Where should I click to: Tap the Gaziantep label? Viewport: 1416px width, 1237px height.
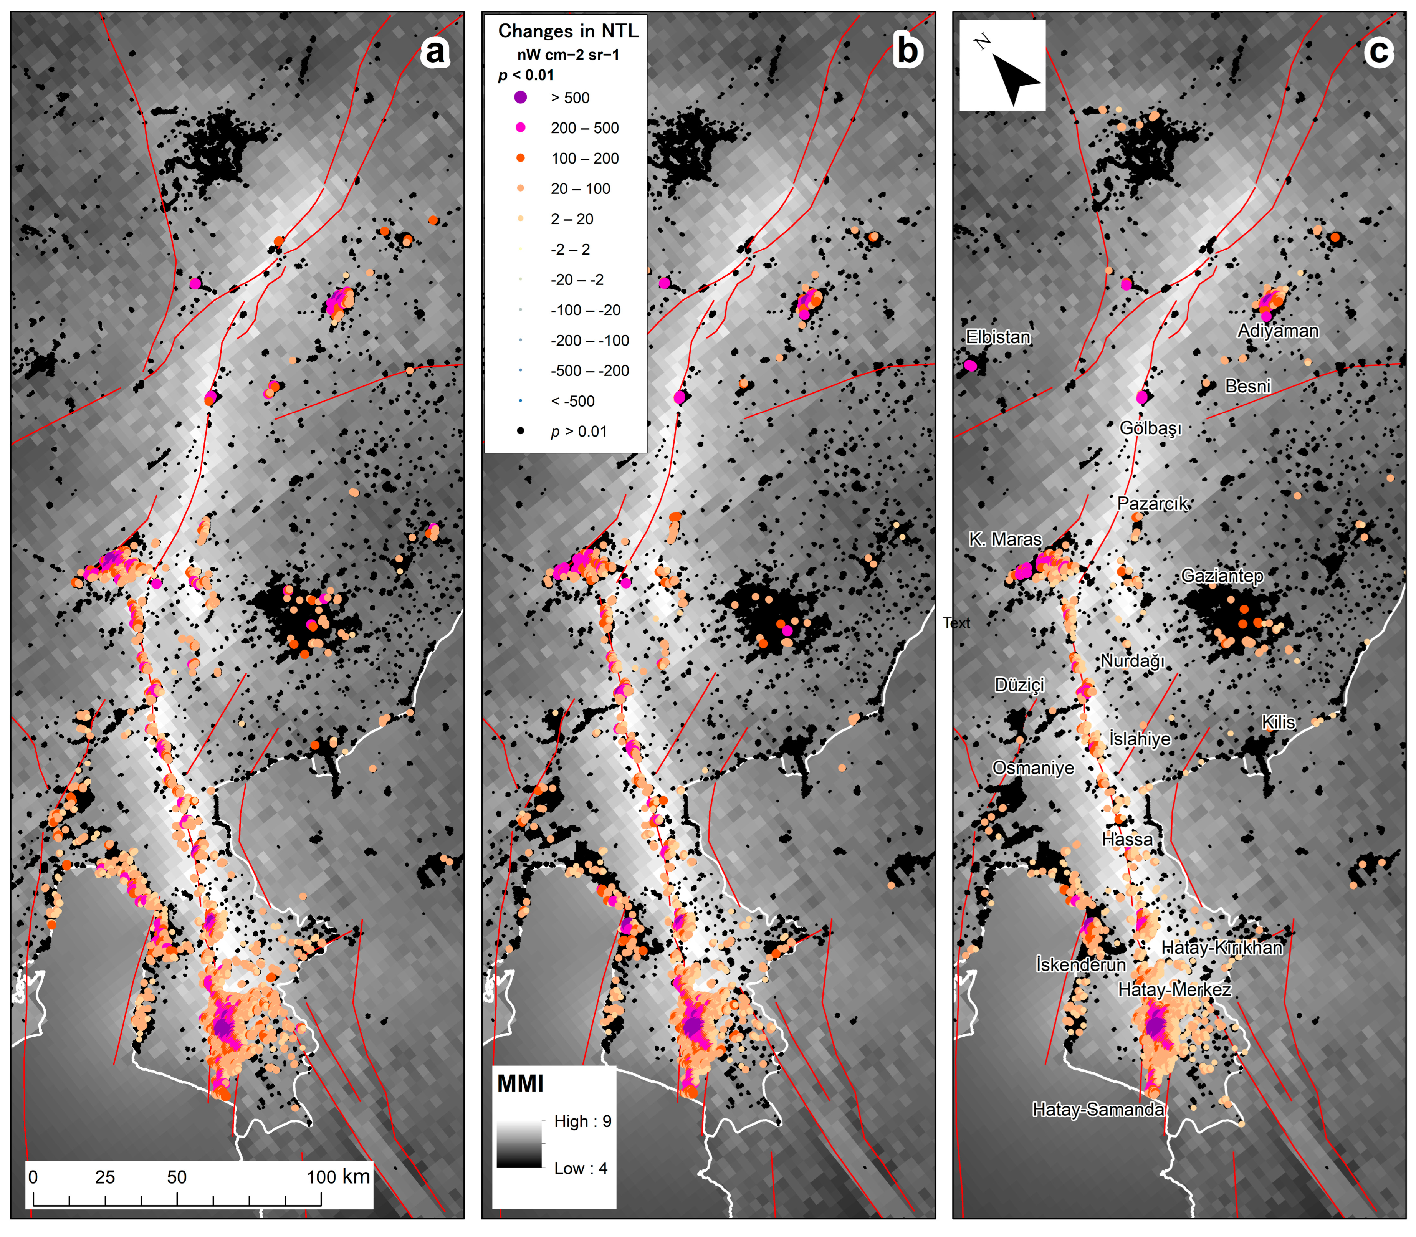(x=1222, y=576)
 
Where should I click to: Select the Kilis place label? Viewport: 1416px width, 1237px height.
(x=1278, y=722)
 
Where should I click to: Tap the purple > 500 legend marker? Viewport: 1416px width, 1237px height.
(x=521, y=98)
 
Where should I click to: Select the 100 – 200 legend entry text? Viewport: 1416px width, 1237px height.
(x=585, y=158)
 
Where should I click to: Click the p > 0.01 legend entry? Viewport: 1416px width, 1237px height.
(x=578, y=432)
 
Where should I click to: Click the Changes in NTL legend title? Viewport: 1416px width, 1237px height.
(x=568, y=31)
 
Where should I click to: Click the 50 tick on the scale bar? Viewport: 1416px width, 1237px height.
(x=177, y=1177)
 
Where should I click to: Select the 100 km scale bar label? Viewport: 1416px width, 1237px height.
(x=338, y=1177)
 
